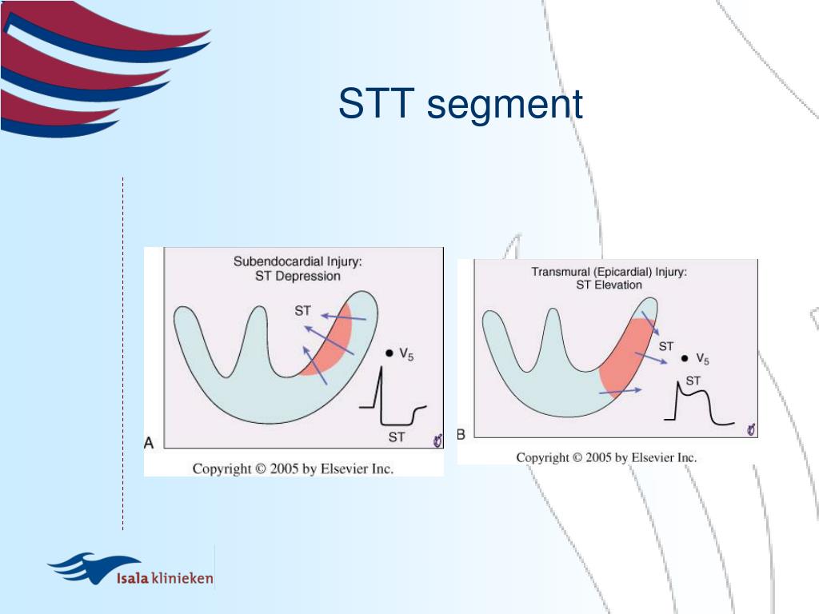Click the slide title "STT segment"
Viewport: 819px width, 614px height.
pos(460,105)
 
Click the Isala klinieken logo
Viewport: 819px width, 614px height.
pos(131,570)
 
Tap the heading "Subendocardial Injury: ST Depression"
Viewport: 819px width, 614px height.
pos(298,269)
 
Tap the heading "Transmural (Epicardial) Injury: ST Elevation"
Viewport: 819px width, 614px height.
pos(609,278)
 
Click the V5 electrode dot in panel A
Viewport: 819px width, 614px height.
pos(389,353)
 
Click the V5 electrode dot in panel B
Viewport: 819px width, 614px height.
pos(684,358)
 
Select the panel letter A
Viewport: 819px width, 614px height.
pos(149,443)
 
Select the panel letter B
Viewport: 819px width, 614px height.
pos(461,434)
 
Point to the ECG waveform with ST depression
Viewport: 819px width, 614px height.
pos(392,401)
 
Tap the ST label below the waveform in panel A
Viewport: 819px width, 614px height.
pos(397,437)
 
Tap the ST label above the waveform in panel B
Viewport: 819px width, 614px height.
pos(693,381)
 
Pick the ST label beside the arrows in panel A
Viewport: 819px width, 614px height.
pos(302,311)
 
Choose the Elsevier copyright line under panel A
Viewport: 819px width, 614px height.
pos(293,468)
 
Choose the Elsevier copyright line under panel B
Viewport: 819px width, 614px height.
pos(606,457)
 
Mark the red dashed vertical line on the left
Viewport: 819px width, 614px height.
pos(122,352)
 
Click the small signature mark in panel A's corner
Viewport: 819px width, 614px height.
pos(437,441)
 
